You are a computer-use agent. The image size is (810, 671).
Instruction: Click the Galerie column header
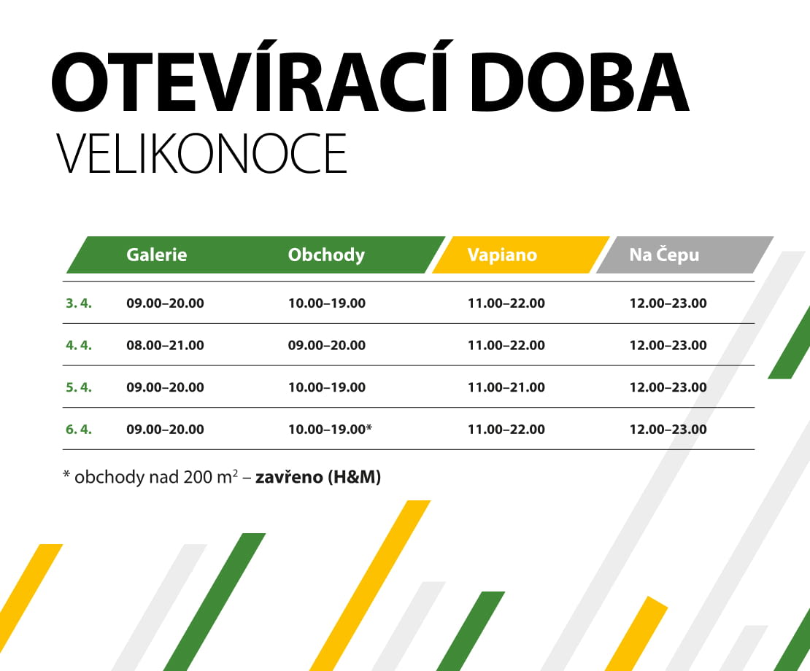tap(157, 255)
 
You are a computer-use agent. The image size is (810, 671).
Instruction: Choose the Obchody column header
tap(326, 255)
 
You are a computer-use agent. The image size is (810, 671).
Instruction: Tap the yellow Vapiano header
tap(502, 255)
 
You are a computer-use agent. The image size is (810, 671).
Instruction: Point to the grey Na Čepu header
tap(664, 255)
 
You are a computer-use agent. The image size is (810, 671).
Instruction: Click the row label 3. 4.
tap(79, 303)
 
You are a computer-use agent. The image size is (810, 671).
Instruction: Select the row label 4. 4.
tap(79, 345)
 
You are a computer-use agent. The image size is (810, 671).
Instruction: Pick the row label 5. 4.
tap(79, 387)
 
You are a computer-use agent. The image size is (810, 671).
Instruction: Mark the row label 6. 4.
tap(79, 430)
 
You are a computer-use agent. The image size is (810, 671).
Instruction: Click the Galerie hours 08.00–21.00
tap(165, 345)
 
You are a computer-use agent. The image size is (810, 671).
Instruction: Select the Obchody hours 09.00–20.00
tap(327, 345)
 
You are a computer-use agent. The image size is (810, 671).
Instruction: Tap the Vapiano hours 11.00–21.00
tap(506, 387)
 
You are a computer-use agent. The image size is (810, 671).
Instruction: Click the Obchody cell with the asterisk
tap(330, 430)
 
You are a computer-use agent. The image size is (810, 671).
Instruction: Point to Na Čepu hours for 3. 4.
tap(668, 303)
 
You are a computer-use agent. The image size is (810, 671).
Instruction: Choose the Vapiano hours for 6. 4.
tap(506, 430)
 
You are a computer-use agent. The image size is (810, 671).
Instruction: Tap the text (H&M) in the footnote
tap(354, 478)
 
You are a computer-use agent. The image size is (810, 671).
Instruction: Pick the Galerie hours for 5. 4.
tap(165, 387)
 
